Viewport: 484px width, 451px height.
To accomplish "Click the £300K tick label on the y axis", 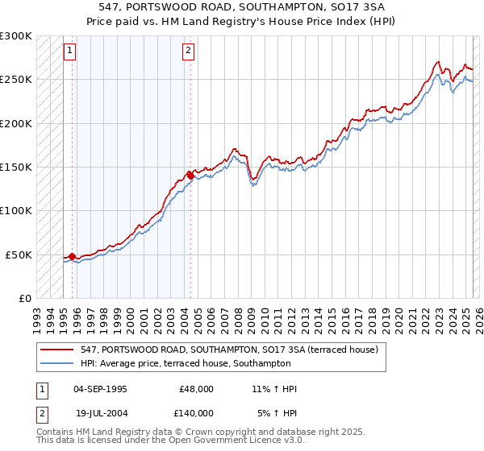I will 16,36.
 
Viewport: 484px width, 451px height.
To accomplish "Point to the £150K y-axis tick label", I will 16,167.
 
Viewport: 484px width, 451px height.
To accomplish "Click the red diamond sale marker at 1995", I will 72,256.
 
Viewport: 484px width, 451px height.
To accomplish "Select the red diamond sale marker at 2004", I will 190,175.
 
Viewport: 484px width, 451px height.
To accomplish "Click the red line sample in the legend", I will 57,350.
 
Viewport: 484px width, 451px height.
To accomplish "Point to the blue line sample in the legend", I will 57,364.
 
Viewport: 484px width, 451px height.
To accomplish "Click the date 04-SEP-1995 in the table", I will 100,389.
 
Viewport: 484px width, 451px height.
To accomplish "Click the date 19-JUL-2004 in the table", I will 100,413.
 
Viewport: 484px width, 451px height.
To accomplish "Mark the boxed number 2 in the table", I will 40,413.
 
